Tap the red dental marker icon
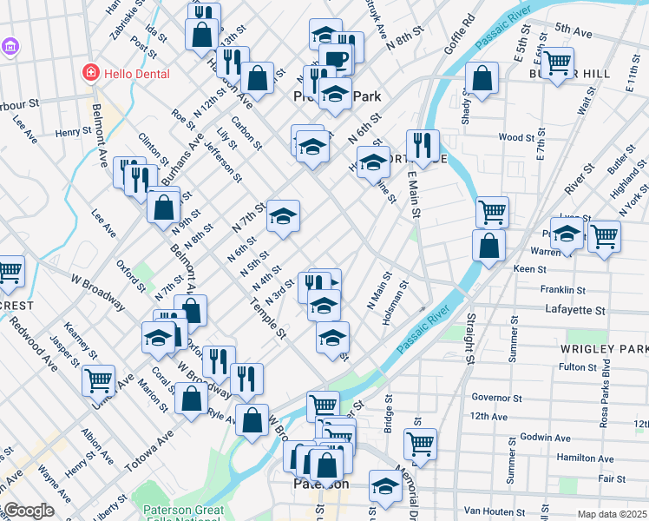coord(89,73)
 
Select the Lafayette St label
coord(574,310)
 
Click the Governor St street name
coord(495,397)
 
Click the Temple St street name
coord(267,316)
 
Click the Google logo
coord(29,511)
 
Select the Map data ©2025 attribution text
coord(613,514)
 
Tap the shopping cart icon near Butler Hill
coord(558,62)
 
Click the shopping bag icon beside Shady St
coord(482,77)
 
